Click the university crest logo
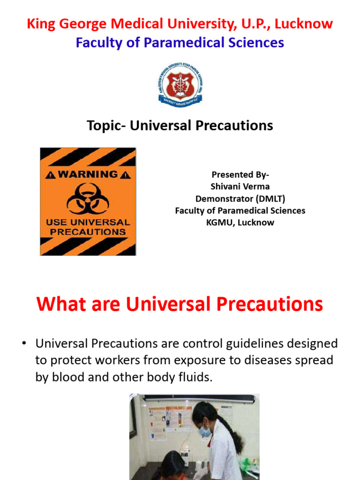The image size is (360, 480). pos(180,84)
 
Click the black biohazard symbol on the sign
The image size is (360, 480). pos(88,198)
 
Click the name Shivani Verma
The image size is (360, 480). pos(240,187)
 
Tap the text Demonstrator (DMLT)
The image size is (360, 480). pos(240,199)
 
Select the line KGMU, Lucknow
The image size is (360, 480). pos(240,223)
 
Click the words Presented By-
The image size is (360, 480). pos(240,175)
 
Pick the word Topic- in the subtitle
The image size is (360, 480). pos(107,126)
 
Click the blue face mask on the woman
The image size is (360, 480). pos(205,430)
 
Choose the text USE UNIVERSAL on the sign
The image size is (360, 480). pos(88,222)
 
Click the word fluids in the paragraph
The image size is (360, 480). pos(195,377)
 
